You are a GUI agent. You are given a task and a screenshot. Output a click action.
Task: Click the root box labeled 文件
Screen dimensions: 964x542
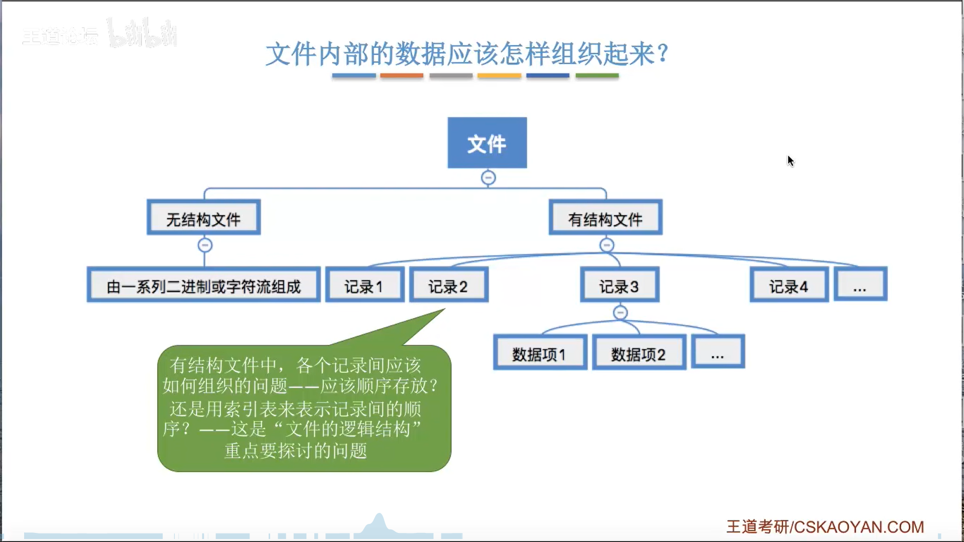point(487,143)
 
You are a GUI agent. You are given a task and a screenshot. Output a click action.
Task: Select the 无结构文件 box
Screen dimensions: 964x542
point(203,218)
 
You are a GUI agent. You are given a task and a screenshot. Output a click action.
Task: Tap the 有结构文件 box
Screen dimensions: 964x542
point(606,218)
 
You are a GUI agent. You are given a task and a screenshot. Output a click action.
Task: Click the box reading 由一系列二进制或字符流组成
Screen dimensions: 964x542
point(203,285)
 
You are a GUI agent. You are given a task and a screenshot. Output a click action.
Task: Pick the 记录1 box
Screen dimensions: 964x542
point(365,285)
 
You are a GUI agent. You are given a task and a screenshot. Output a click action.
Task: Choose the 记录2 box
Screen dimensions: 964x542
point(449,285)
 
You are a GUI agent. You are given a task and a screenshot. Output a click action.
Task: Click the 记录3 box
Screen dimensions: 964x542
point(620,285)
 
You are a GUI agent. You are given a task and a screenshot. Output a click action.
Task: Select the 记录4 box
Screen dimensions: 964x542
point(789,285)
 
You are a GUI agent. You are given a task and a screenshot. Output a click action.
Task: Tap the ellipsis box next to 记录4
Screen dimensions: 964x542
point(860,285)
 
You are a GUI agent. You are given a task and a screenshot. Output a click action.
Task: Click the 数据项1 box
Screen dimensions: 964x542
point(540,353)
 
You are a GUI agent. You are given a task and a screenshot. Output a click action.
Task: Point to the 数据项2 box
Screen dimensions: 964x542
point(639,353)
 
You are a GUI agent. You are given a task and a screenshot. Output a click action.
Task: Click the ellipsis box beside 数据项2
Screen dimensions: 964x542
point(717,353)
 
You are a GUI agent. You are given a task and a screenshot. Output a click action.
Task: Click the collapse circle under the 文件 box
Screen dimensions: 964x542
point(488,178)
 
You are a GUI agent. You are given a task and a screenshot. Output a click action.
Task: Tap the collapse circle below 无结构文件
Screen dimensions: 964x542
point(205,245)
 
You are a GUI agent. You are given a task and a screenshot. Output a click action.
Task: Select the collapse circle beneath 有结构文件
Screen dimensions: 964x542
point(607,245)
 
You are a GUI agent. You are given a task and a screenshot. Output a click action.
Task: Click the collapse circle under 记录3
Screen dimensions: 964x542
point(621,313)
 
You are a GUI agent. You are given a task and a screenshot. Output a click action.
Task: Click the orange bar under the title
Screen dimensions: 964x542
point(402,76)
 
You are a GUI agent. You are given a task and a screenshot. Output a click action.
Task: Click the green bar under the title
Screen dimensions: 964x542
point(597,76)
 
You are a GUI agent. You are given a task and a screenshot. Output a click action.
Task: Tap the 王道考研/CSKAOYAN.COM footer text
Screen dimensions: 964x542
point(825,527)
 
